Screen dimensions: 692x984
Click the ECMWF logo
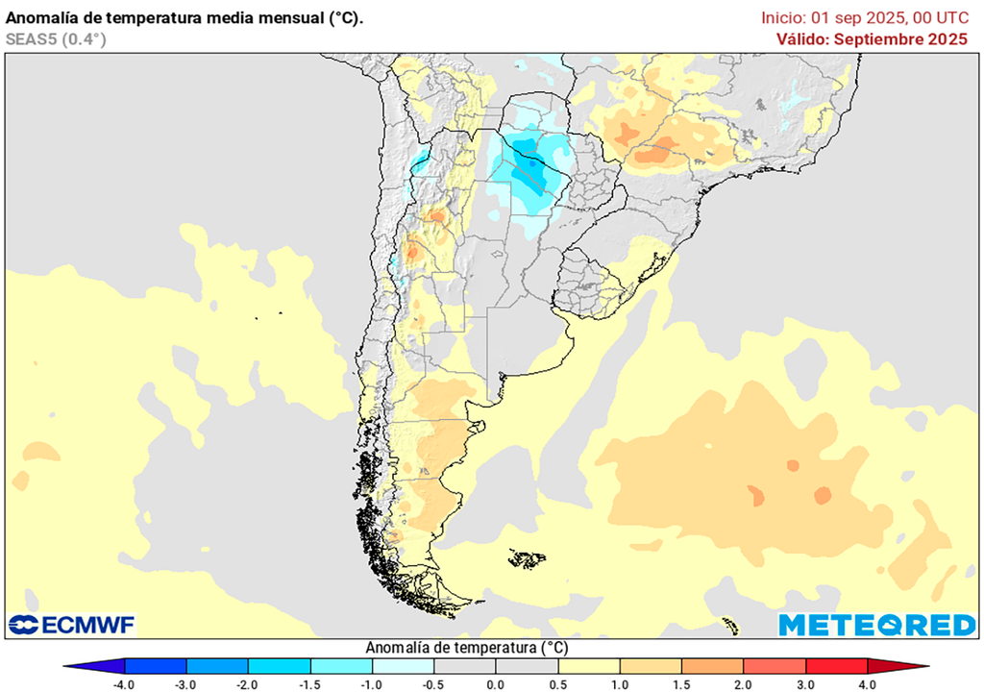tap(72, 625)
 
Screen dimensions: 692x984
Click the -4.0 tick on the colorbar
tap(123, 684)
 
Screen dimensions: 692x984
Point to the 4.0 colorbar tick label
tap(868, 684)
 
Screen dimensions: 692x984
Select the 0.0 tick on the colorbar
tap(495, 684)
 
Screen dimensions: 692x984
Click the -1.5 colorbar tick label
tap(309, 684)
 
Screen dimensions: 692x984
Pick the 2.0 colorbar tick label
tap(743, 684)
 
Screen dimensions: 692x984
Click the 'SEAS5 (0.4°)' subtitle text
tap(56, 39)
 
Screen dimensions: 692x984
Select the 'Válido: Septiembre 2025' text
tap(872, 39)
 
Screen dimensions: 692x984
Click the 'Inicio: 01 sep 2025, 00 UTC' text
tap(865, 17)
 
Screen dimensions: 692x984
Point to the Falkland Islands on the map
tap(528, 558)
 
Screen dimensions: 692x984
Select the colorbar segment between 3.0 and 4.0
tap(836, 666)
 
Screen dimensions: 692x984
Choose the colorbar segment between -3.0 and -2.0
tap(216, 666)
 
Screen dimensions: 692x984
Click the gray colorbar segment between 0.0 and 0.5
tap(527, 666)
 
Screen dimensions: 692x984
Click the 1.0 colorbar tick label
tap(619, 684)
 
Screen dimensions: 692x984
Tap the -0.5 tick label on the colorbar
tap(432, 684)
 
